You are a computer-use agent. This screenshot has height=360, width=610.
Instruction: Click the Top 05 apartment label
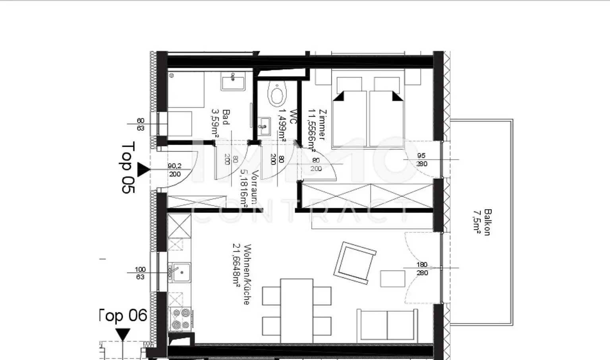click(x=128, y=167)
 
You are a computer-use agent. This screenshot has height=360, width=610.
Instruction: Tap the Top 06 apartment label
click(x=123, y=316)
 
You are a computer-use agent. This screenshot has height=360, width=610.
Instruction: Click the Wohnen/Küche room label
click(x=241, y=274)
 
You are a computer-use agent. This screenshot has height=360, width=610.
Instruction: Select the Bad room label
click(x=221, y=123)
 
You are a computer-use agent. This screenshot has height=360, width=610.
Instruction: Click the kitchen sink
click(x=179, y=273)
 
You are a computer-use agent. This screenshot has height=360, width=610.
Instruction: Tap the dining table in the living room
click(x=296, y=310)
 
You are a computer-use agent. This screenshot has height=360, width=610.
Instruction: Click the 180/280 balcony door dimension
click(x=422, y=269)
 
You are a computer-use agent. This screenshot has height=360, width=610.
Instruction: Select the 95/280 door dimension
click(x=421, y=160)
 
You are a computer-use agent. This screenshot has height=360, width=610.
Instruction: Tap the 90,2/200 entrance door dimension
click(x=174, y=170)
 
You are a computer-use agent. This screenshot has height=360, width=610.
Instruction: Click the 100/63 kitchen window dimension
click(x=140, y=273)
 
